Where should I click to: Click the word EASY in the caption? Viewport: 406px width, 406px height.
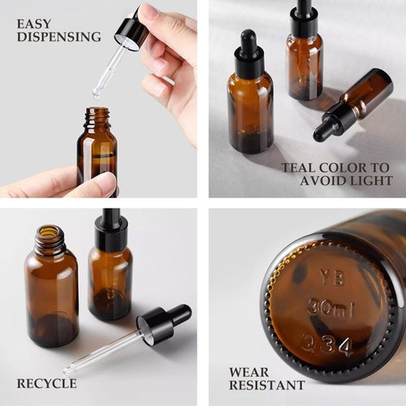click(34, 24)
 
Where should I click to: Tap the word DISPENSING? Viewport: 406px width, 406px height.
click(59, 37)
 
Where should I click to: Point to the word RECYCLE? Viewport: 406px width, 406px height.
click(47, 384)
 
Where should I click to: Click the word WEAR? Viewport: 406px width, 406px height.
click(249, 373)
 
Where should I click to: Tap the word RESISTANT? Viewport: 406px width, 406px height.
click(267, 385)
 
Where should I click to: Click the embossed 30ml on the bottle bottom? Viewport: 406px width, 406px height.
click(330, 308)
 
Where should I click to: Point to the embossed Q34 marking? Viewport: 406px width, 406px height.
click(326, 346)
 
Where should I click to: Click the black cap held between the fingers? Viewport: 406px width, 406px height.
click(132, 32)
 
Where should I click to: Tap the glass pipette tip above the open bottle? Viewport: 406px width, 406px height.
click(96, 94)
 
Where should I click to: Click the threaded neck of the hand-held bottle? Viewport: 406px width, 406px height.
click(97, 116)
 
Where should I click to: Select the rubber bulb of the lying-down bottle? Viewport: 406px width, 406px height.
click(323, 129)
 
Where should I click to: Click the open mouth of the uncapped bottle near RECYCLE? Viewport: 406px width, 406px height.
click(50, 231)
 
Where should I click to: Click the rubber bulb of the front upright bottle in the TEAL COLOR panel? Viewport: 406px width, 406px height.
click(248, 41)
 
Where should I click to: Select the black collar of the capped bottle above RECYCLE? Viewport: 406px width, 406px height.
click(111, 234)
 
